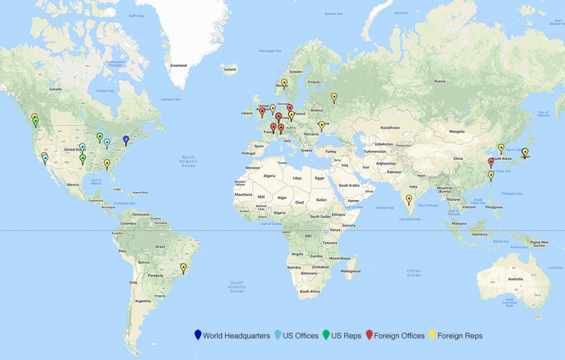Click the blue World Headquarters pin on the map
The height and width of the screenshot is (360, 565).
[126, 140]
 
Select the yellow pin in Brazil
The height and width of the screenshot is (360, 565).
[184, 268]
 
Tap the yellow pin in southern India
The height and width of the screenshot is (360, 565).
[409, 199]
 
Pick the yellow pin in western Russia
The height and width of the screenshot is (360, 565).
[334, 97]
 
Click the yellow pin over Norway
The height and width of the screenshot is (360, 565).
[284, 83]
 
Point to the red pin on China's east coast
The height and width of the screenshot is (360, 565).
[491, 162]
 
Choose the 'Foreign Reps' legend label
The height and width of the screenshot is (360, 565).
[460, 336]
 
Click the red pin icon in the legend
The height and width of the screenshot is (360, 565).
[369, 335]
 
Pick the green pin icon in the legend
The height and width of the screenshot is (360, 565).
[326, 335]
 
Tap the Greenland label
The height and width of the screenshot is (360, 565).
[178, 65]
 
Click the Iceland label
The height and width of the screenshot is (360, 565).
[230, 69]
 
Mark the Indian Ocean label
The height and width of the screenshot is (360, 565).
[414, 273]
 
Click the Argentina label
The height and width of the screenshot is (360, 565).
[142, 301]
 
